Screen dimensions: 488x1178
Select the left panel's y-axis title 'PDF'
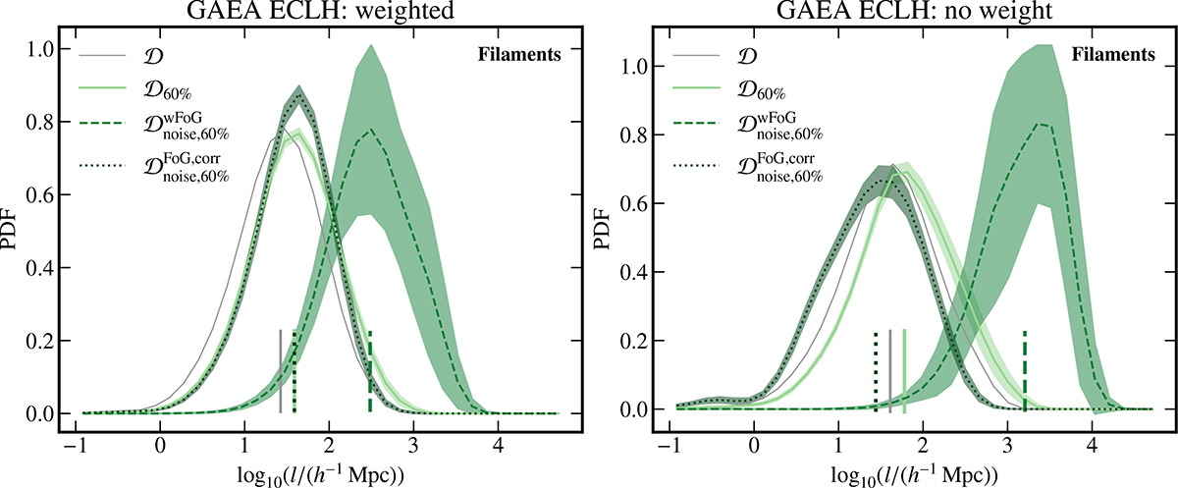[16, 232]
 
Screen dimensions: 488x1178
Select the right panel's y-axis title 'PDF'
[611, 232]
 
